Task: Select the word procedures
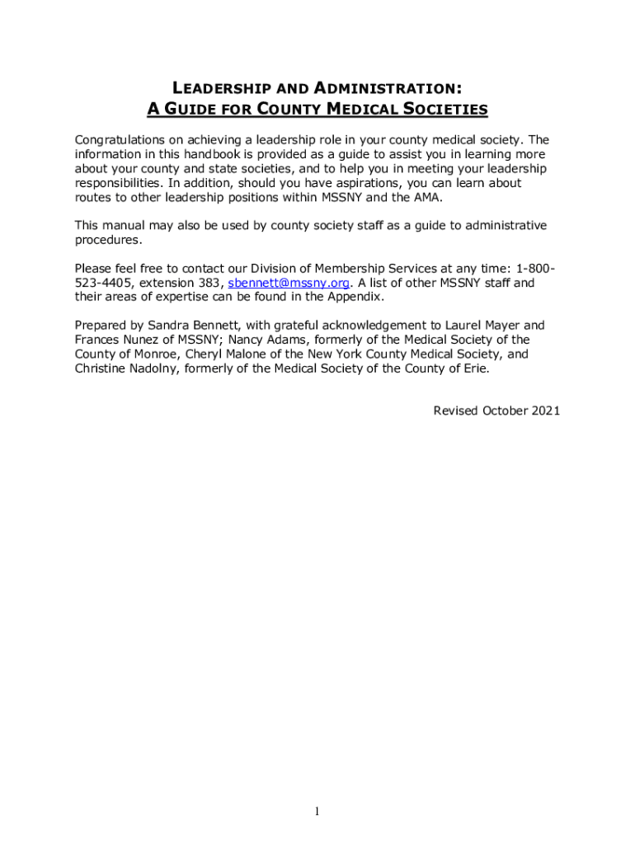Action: click(x=108, y=241)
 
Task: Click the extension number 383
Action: click(x=210, y=284)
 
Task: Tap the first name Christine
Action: click(x=102, y=369)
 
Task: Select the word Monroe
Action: click(x=137, y=354)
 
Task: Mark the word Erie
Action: click(x=474, y=369)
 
